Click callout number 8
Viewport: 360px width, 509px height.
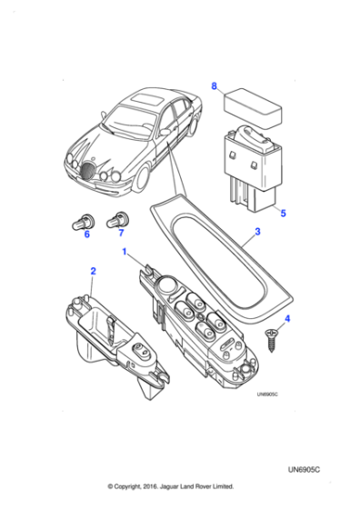click(x=215, y=86)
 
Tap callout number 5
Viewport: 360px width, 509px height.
click(x=283, y=215)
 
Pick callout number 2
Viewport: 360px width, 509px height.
click(x=92, y=270)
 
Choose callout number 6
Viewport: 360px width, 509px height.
click(x=87, y=234)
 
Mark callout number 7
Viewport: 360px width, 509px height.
click(x=120, y=234)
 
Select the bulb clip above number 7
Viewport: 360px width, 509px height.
click(x=117, y=218)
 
